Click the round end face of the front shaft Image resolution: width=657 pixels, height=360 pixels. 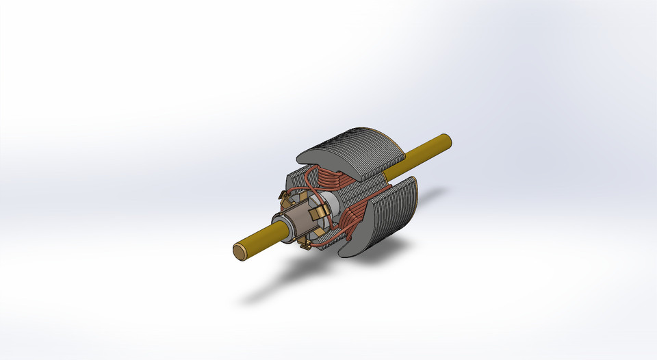tap(240, 251)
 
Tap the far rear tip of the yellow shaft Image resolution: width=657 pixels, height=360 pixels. tap(448, 140)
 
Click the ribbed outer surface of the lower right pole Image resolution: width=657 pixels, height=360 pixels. tap(394, 212)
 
